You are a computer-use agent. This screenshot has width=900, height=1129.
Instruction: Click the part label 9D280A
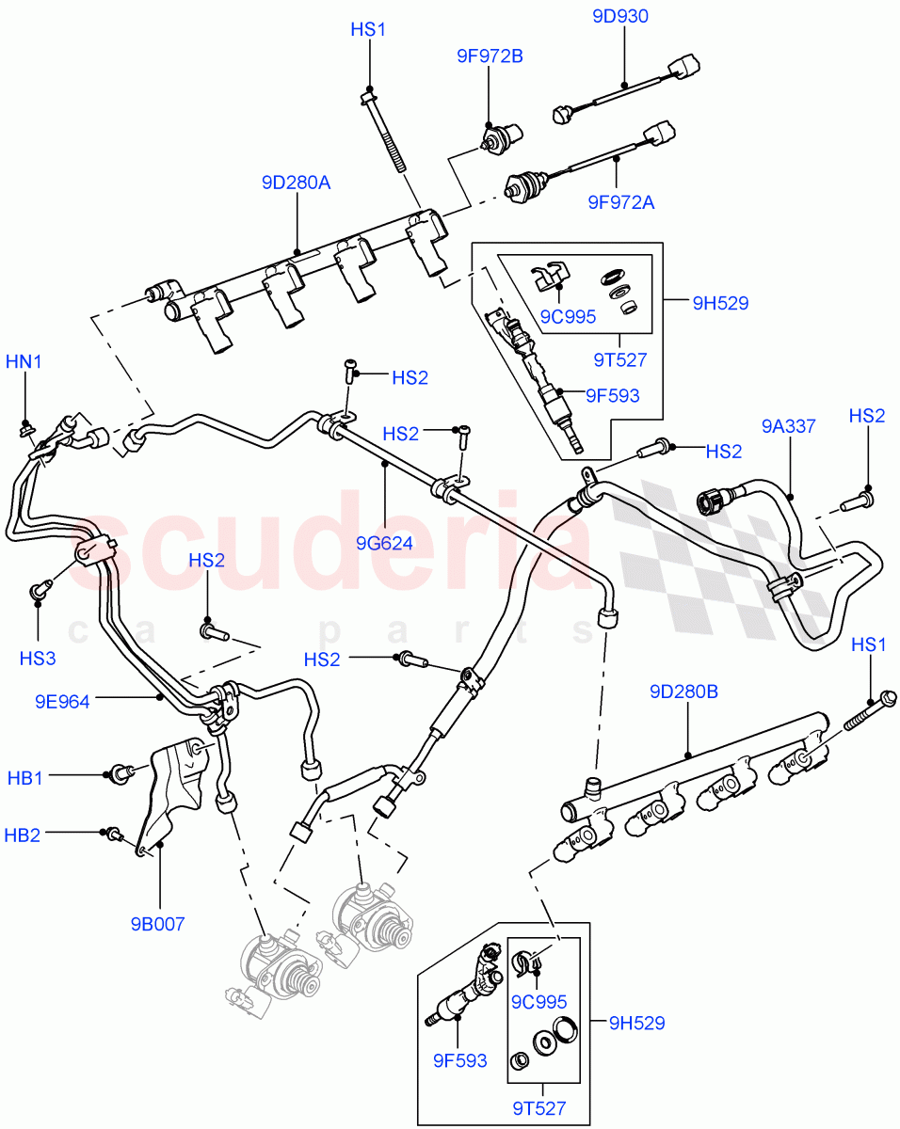(297, 183)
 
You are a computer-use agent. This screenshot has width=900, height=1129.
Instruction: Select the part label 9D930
(620, 16)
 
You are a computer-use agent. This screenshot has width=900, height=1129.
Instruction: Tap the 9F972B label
(489, 56)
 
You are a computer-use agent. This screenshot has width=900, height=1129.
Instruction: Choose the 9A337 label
(788, 426)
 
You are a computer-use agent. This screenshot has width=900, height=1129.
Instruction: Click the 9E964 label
(64, 700)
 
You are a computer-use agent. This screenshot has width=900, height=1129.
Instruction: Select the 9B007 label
(159, 923)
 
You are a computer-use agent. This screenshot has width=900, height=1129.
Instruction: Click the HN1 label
(24, 361)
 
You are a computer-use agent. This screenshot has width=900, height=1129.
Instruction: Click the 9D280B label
(683, 692)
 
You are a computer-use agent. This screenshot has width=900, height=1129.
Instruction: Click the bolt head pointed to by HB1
(121, 773)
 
